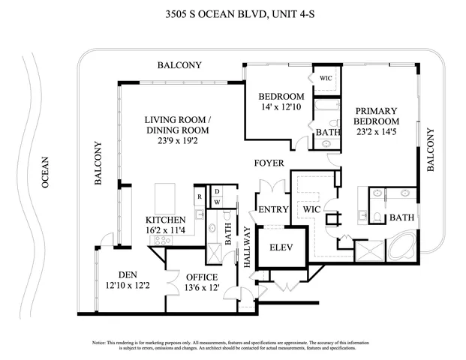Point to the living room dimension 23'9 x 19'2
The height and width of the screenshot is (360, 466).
(x=177, y=140)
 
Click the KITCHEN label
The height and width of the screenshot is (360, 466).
(x=165, y=220)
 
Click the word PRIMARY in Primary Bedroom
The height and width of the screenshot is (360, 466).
(x=375, y=111)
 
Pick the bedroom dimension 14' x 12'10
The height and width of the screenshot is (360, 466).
(x=281, y=107)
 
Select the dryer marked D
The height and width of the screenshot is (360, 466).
(x=216, y=191)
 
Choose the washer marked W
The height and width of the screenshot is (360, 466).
(x=216, y=202)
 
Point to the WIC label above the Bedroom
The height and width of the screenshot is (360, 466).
(x=326, y=78)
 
